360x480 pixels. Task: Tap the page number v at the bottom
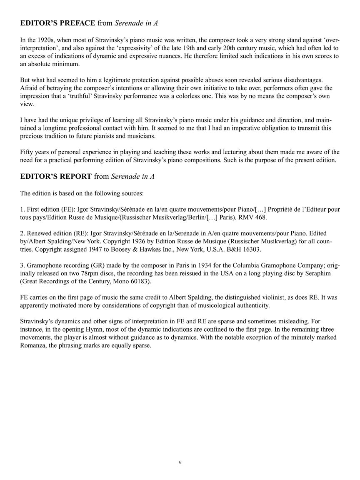180,462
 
